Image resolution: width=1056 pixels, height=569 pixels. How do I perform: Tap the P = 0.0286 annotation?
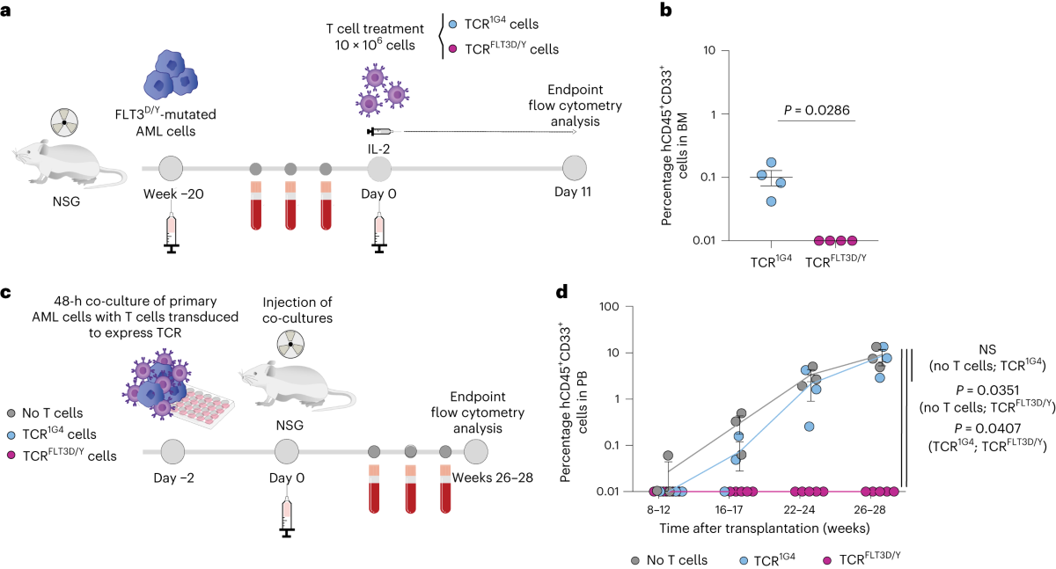816,110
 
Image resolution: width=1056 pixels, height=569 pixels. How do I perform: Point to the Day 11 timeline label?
576,192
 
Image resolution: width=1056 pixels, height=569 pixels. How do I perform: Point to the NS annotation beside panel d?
995,348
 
